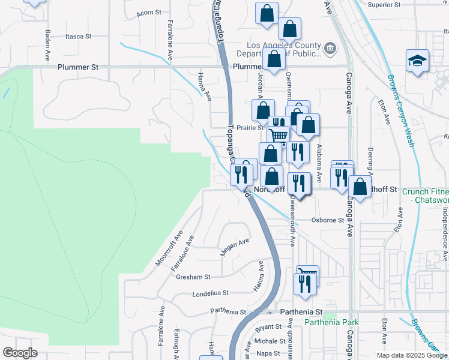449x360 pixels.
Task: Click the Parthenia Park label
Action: click(331, 323)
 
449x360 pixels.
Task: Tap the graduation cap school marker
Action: click(417, 61)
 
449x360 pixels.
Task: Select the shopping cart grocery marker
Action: click(278, 136)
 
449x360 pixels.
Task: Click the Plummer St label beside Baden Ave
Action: click(78, 68)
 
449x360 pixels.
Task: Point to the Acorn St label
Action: click(149, 12)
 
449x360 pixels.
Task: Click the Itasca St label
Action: click(79, 37)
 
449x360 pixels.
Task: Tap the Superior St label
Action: click(384, 5)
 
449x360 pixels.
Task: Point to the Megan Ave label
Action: click(234, 247)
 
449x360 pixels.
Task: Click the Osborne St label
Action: click(328, 220)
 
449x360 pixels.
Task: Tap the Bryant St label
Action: click(268, 328)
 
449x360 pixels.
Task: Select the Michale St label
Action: click(265, 341)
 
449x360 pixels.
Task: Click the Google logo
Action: click(20, 353)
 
